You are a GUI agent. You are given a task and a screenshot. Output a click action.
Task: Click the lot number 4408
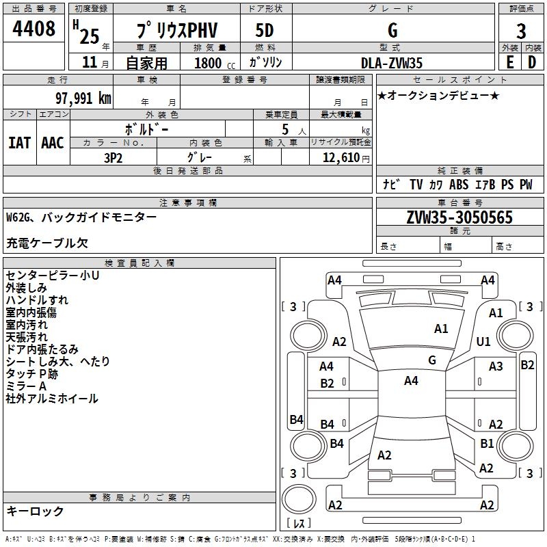[34, 31]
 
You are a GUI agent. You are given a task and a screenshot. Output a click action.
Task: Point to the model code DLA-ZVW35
[392, 63]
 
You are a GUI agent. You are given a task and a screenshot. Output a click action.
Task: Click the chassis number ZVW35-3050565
[459, 218]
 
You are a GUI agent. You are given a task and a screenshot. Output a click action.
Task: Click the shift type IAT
[19, 143]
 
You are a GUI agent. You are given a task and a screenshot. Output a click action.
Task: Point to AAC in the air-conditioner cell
[53, 143]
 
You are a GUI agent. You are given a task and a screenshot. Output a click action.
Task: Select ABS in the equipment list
[459, 185]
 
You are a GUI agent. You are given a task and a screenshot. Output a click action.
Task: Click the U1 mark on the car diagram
[483, 341]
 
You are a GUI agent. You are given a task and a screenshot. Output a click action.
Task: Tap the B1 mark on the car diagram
[486, 444]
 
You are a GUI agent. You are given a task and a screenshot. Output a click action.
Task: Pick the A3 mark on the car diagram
[496, 366]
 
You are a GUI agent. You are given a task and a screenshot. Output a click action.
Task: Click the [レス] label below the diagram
[299, 523]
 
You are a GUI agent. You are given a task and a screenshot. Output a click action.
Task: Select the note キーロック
[35, 511]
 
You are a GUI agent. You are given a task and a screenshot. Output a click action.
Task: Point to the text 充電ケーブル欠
[47, 243]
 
